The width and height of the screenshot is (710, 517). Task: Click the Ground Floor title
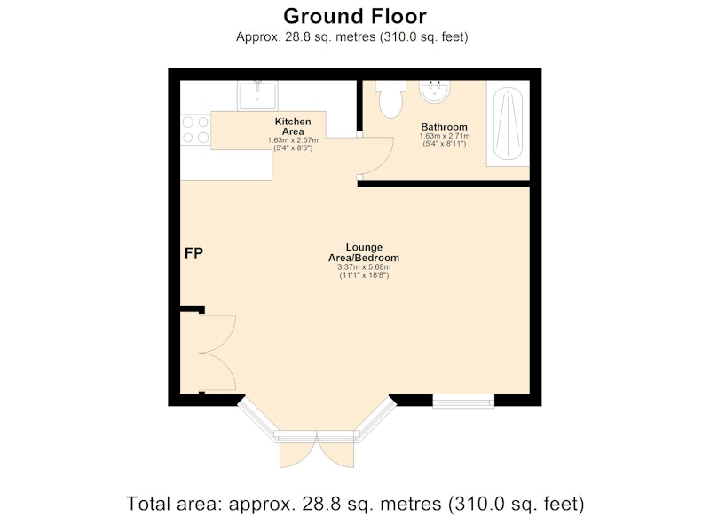354,16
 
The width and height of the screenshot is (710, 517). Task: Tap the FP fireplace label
193,253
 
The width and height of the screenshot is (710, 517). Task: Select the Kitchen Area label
293,126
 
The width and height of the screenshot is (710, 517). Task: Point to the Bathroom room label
444,127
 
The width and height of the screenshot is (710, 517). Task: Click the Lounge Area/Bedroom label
364,252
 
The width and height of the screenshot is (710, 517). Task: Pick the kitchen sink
257,96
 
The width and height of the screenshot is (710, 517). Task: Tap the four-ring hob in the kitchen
195,130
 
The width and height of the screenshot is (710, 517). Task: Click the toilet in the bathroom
390,99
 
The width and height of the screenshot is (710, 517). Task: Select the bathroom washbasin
434,91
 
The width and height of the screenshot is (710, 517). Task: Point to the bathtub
508,124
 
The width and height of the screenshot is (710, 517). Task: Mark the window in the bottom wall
463,401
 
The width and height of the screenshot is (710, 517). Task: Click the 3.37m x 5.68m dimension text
364,267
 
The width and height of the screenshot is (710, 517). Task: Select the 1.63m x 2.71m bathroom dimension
445,136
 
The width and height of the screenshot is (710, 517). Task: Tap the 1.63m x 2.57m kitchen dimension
293,140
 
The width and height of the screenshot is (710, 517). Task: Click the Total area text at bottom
355,504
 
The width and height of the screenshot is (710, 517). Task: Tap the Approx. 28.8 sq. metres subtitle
351,36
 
